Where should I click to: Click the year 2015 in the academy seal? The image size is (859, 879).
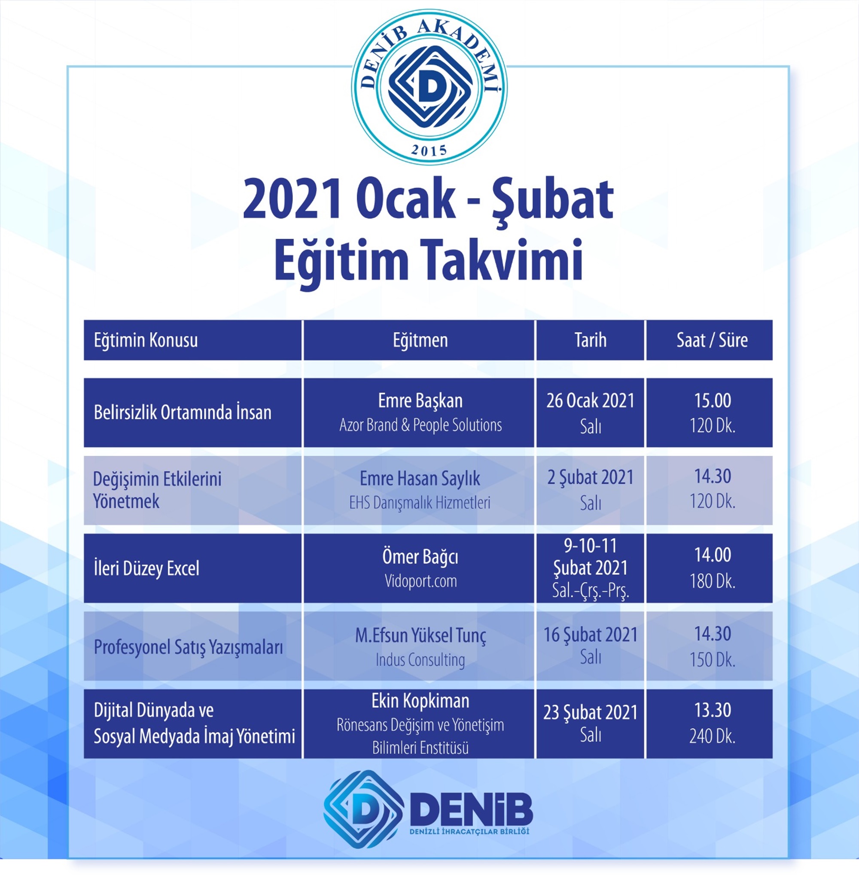point(429,150)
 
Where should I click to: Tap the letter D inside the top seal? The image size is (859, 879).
point(431,88)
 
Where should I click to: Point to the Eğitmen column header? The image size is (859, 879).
point(420,340)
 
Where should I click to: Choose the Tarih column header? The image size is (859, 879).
point(590,340)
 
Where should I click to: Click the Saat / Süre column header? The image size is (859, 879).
point(712,340)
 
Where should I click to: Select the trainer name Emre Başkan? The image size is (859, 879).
point(420,401)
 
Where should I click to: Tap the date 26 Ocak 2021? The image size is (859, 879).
point(590,400)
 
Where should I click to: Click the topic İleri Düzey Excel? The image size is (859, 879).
point(146,568)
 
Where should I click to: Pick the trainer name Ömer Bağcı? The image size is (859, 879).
point(420,557)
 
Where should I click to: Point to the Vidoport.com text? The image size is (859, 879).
point(420,581)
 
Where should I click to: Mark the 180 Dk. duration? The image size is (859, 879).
point(713,581)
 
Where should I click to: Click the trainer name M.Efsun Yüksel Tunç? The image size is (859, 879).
point(420,635)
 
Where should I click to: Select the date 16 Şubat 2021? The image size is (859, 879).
point(590,635)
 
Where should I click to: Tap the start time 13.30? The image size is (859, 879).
point(713,710)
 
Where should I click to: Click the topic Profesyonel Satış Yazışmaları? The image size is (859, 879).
point(188,647)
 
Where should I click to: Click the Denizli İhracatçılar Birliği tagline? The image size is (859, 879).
point(469,832)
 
